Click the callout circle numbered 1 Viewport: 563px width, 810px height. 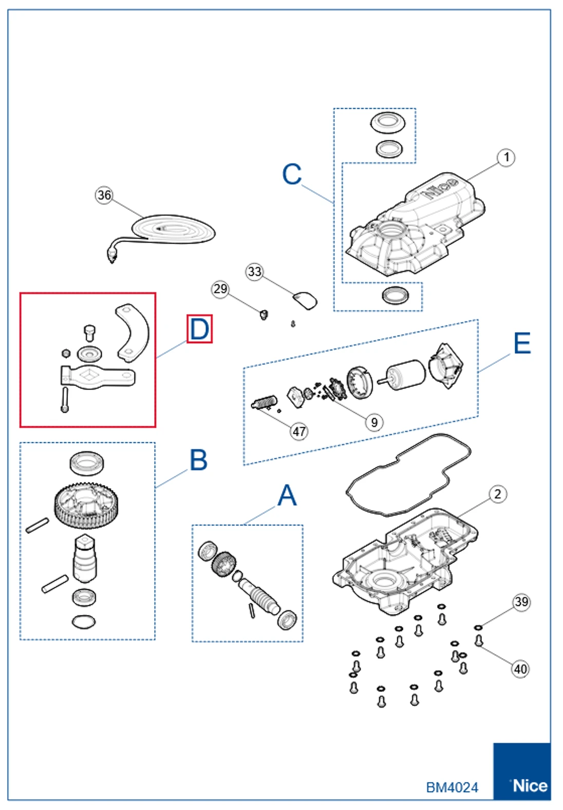coord(506,158)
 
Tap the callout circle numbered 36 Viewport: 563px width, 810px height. coord(104,195)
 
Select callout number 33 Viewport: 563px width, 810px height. coord(254,271)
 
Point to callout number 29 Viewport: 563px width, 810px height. coord(220,289)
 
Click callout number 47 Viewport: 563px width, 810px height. coord(299,431)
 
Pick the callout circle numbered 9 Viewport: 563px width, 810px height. coord(374,422)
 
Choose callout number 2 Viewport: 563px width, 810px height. coord(497,494)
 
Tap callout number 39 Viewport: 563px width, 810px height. coord(521,602)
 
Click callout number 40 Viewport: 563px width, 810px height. coord(520,669)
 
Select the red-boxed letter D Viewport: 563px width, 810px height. coord(199,329)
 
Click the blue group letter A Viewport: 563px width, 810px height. coord(287,496)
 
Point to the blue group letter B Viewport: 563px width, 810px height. coord(198,460)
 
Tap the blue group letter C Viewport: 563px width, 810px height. coord(292,175)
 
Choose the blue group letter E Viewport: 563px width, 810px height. coord(522,343)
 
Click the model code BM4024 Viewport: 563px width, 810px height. coord(452,787)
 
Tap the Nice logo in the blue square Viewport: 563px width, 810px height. coord(529,785)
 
